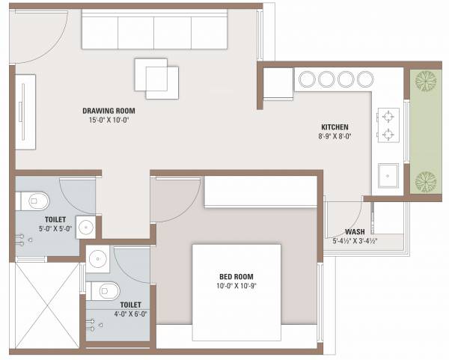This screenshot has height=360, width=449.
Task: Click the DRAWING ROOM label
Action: (114, 110)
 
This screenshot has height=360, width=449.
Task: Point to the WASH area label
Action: (355, 232)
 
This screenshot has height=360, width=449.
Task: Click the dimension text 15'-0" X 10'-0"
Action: (114, 120)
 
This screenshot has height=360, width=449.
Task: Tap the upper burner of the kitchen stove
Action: (388, 117)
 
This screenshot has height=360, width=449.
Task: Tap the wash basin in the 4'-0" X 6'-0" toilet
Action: (97, 259)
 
